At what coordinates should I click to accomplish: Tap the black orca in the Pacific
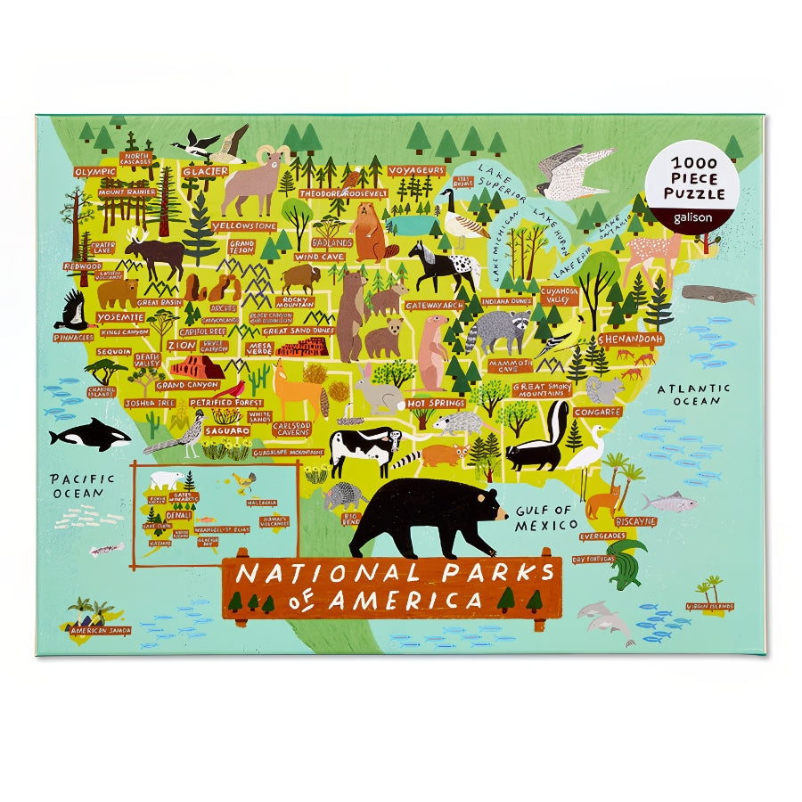(x=89, y=437)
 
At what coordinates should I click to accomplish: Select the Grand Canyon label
(x=187, y=386)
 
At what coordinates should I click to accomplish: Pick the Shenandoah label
(x=631, y=340)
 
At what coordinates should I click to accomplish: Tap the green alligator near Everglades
(x=628, y=561)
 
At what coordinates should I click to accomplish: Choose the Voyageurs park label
(x=416, y=170)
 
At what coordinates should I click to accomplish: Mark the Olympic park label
(x=95, y=171)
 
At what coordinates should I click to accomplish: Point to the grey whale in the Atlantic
(x=718, y=295)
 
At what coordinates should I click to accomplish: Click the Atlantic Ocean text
(x=693, y=394)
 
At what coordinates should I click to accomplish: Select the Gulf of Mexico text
(x=546, y=518)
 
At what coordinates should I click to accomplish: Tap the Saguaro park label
(x=227, y=430)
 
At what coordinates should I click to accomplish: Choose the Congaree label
(x=597, y=412)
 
